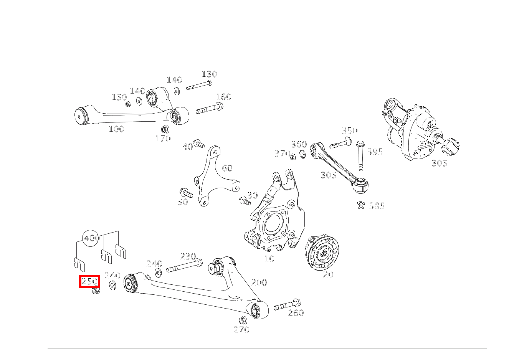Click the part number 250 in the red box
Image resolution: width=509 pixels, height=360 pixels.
(89, 281)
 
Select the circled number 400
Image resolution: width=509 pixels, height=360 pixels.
(92, 238)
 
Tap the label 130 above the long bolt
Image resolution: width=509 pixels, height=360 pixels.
(209, 74)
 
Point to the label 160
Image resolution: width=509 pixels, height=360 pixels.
(223, 97)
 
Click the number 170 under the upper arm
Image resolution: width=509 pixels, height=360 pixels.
(163, 139)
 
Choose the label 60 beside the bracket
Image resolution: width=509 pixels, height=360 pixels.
(227, 168)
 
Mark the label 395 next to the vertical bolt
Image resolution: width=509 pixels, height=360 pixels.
(375, 152)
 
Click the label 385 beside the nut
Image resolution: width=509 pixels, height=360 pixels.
(377, 206)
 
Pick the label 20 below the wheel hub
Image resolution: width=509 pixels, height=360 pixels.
(328, 275)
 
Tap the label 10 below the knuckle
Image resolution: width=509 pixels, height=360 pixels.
(269, 259)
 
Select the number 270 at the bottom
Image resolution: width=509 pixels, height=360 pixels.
(241, 330)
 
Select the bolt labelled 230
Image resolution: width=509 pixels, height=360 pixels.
(184, 266)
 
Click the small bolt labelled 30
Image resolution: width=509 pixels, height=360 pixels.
(244, 201)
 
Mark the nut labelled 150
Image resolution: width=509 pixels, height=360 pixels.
(128, 104)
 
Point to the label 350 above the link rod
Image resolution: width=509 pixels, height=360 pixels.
(349, 130)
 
